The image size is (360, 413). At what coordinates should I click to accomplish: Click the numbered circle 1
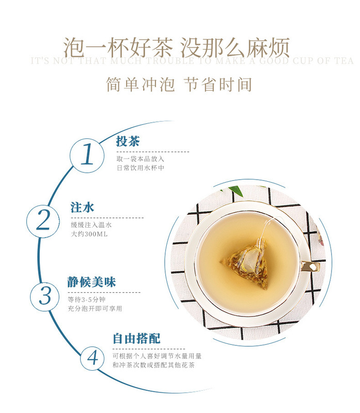pyautogui.click(x=87, y=153)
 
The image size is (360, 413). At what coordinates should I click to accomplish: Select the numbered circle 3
pyautogui.click(x=45, y=296)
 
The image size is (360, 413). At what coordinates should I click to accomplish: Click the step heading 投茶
pyautogui.click(x=128, y=141)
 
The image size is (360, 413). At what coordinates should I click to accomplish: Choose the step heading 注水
pyautogui.click(x=82, y=208)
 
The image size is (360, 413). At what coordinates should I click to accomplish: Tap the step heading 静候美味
pyautogui.click(x=91, y=282)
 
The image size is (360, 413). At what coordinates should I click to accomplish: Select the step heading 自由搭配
pyautogui.click(x=137, y=339)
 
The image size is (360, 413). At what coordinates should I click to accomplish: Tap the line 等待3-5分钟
pyautogui.click(x=89, y=299)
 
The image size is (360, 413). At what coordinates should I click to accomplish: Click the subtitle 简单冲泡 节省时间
pyautogui.click(x=179, y=85)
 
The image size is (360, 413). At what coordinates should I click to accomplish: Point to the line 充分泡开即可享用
pyautogui.click(x=95, y=308)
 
